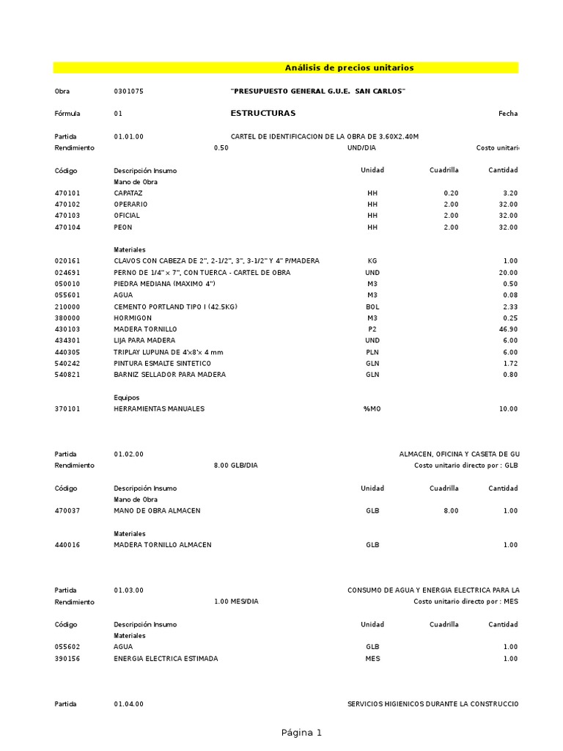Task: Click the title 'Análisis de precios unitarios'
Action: (x=349, y=68)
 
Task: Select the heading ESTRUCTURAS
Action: (x=263, y=114)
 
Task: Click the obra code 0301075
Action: (x=128, y=91)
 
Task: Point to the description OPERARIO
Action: (x=130, y=205)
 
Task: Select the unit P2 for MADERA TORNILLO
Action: (x=372, y=330)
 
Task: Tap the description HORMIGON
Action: (x=133, y=318)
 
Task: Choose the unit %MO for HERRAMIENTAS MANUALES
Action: (x=372, y=409)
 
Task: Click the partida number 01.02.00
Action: (x=129, y=455)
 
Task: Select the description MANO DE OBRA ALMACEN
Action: (x=157, y=511)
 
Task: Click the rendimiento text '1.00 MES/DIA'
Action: (x=236, y=602)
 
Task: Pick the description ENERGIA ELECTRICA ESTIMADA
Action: (x=166, y=659)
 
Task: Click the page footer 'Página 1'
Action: (x=301, y=733)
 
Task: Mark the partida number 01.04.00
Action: (x=129, y=704)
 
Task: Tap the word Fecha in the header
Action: (x=508, y=114)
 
